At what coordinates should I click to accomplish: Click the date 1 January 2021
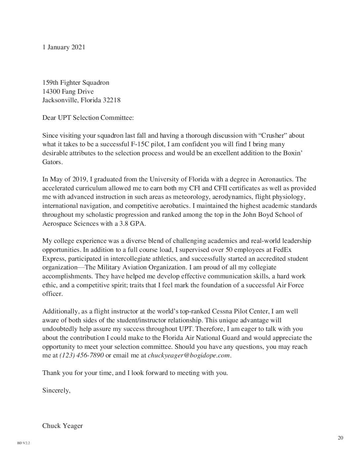point(64,47)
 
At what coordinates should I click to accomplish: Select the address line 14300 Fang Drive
point(68,91)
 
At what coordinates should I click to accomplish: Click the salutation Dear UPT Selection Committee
point(88,117)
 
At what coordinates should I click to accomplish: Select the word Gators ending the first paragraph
point(52,162)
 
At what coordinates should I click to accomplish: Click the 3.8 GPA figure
point(132,223)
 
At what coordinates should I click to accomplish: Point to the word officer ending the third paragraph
point(52,294)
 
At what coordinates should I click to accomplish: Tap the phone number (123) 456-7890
point(81,355)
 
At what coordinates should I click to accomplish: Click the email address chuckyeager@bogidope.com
point(189,355)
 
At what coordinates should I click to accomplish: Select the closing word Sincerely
point(56,390)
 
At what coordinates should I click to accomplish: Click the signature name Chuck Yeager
point(63,426)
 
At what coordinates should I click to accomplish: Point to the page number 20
point(340,438)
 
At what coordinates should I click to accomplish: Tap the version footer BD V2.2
point(23,443)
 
